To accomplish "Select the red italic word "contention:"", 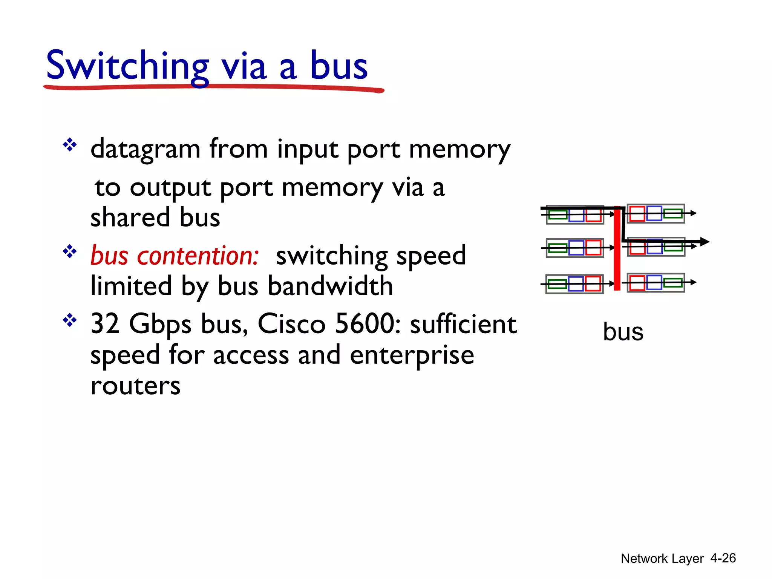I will click(x=198, y=256).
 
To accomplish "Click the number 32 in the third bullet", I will click(x=105, y=324).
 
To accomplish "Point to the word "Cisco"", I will click(x=291, y=324).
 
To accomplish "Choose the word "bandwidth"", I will click(x=330, y=286).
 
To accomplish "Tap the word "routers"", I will click(x=136, y=386).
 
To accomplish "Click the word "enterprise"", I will click(x=412, y=355).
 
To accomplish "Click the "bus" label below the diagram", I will click(x=623, y=332).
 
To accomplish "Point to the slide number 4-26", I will click(x=723, y=558).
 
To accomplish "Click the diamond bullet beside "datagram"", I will click(x=70, y=145).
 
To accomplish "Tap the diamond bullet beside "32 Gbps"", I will click(x=70, y=320).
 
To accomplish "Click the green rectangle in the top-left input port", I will click(x=558, y=215).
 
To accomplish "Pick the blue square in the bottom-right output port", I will click(x=654, y=283).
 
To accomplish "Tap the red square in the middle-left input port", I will click(x=593, y=248).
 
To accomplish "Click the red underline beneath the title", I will click(x=213, y=88).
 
